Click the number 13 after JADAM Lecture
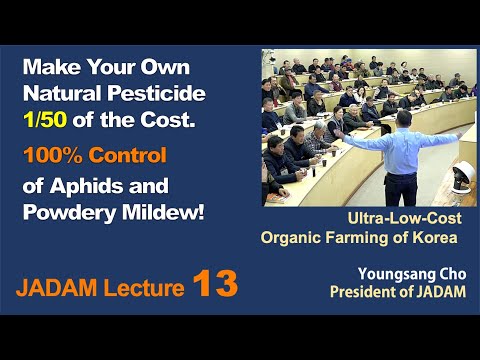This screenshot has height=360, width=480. (215, 285)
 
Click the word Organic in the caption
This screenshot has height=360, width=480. (291, 237)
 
